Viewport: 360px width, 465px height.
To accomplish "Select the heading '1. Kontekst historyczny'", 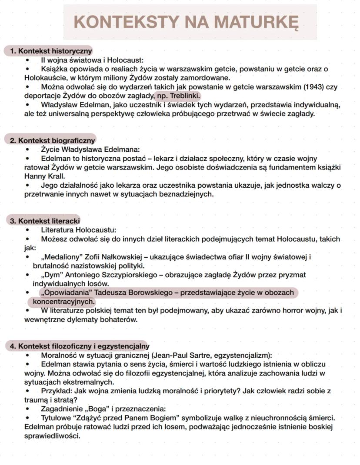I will click(51, 51).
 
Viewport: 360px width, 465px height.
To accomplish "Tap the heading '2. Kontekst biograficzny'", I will click(52, 140).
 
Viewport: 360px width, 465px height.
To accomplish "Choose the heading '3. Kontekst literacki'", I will click(45, 221).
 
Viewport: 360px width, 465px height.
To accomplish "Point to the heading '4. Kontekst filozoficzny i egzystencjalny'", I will click(79, 346).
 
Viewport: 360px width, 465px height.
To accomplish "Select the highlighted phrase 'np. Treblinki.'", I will click(179, 96).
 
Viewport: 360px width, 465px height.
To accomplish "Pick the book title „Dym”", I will click(51, 275).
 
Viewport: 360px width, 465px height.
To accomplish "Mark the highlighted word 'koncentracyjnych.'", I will click(63, 302).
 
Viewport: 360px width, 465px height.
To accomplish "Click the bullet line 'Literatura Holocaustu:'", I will click(79, 230).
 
